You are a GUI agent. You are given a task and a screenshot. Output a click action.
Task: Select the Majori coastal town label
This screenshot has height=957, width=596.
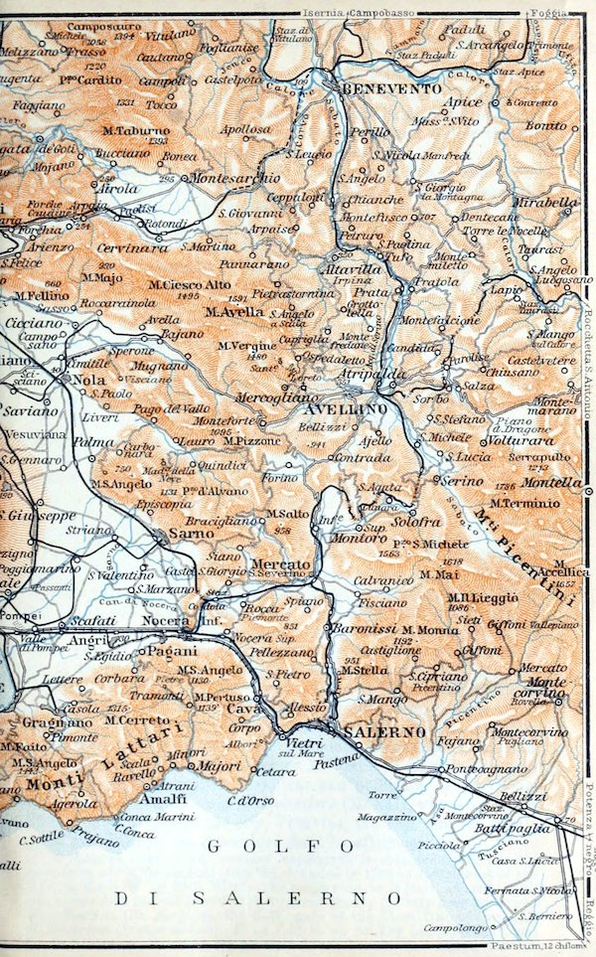coord(219,766)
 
